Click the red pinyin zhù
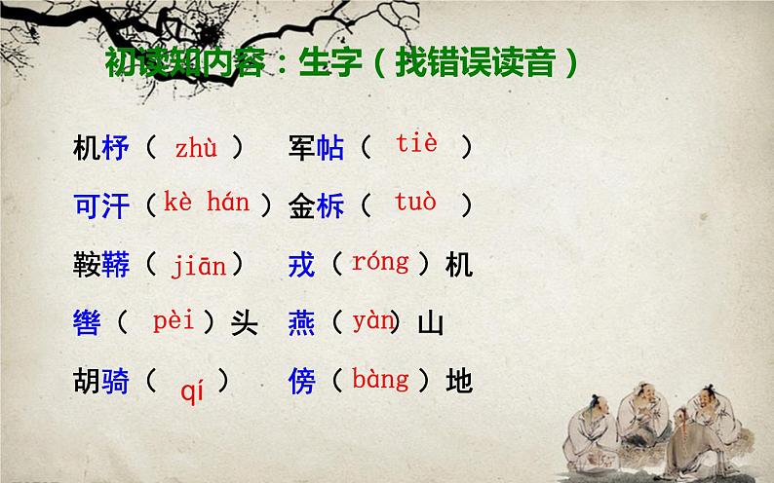[x=196, y=149]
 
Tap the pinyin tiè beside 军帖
[x=416, y=145]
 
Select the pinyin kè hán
[x=207, y=203]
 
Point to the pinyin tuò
[x=415, y=203]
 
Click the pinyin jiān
[x=199, y=264]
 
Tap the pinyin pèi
[x=174, y=320]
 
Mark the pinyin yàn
[x=373, y=320]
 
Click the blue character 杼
[x=115, y=149]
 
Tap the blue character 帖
[x=330, y=149]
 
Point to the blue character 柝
[x=330, y=206]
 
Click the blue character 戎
[x=302, y=264]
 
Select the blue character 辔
[x=87, y=322]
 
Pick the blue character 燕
[x=302, y=322]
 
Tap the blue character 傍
[x=302, y=381]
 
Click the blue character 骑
[x=115, y=381]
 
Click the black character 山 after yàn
[x=430, y=322]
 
